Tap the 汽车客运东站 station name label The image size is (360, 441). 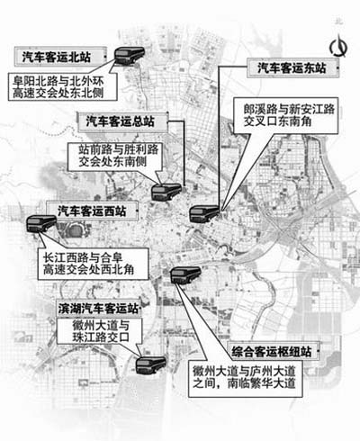292,68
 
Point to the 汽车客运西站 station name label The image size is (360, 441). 93,211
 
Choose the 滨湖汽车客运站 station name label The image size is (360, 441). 98,308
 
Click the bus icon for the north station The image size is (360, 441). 130,55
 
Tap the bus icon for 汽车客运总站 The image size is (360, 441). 166,192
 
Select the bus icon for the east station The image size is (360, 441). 204,213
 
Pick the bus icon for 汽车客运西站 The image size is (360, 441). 41,224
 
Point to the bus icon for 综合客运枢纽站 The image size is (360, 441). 185,275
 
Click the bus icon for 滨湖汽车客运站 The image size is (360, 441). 150,364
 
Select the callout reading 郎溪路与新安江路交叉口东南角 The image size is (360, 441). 286,115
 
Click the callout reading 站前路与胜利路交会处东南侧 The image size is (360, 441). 115,157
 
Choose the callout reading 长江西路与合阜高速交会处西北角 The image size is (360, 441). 93,264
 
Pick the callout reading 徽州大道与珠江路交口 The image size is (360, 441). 99,331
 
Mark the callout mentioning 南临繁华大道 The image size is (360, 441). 245,378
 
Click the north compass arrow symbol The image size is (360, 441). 339,46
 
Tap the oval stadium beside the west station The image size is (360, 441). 74,230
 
